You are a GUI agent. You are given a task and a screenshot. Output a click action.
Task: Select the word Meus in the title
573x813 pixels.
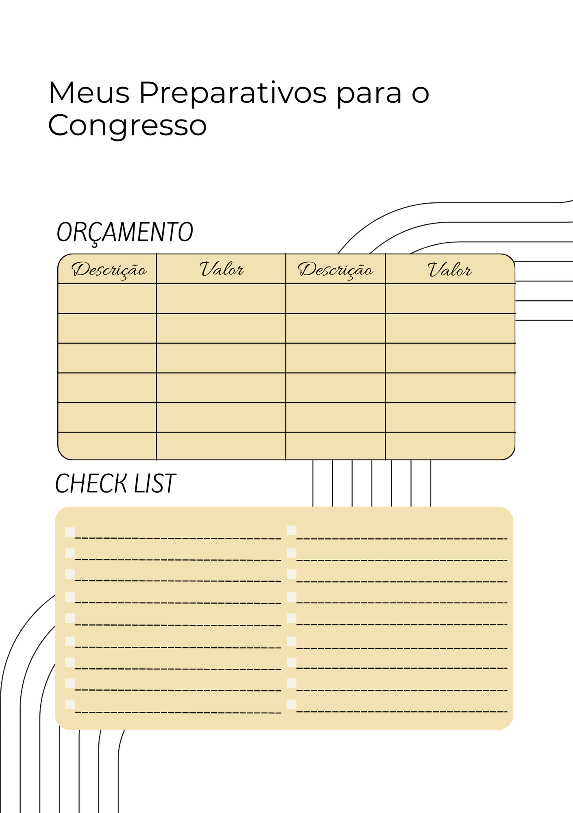(x=89, y=92)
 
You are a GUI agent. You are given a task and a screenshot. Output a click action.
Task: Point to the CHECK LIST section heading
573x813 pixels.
(x=115, y=484)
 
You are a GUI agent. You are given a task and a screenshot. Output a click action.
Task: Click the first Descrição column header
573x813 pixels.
(x=109, y=270)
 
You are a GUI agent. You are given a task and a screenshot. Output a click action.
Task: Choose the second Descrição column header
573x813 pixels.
(x=335, y=270)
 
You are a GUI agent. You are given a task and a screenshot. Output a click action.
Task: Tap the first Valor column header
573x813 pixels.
(x=222, y=269)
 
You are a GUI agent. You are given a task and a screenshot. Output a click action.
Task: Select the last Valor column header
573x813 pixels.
(x=449, y=270)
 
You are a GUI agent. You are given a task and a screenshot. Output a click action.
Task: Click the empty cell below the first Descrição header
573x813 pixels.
(x=107, y=298)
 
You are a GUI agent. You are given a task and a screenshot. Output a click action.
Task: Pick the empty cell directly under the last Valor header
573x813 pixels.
(x=450, y=298)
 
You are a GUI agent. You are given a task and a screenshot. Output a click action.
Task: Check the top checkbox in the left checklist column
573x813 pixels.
(x=70, y=532)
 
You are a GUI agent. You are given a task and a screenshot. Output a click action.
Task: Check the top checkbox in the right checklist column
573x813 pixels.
(x=292, y=530)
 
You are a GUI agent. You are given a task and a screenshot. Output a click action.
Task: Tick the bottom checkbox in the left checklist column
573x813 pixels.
(x=70, y=704)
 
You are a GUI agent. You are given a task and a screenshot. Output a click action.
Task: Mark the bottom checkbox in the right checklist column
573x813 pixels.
(x=292, y=704)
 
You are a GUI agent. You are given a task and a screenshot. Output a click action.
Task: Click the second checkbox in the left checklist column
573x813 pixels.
(x=70, y=553)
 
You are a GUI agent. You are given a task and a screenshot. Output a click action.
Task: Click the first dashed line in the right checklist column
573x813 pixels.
(x=402, y=539)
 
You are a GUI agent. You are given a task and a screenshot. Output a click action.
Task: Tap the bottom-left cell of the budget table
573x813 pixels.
(x=107, y=446)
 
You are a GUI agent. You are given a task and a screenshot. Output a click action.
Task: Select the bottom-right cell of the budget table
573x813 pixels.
(x=450, y=446)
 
